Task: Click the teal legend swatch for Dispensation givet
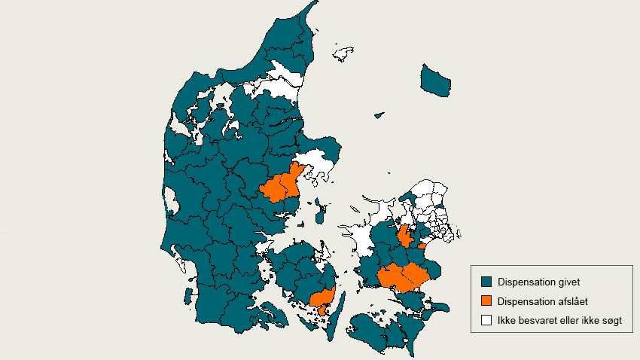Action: (x=487, y=282)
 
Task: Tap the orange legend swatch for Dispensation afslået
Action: (x=487, y=301)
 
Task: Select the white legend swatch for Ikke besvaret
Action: (x=487, y=320)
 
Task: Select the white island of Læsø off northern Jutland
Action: (x=344, y=53)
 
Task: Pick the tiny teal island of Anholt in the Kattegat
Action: (x=379, y=115)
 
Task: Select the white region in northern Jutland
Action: (x=279, y=82)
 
